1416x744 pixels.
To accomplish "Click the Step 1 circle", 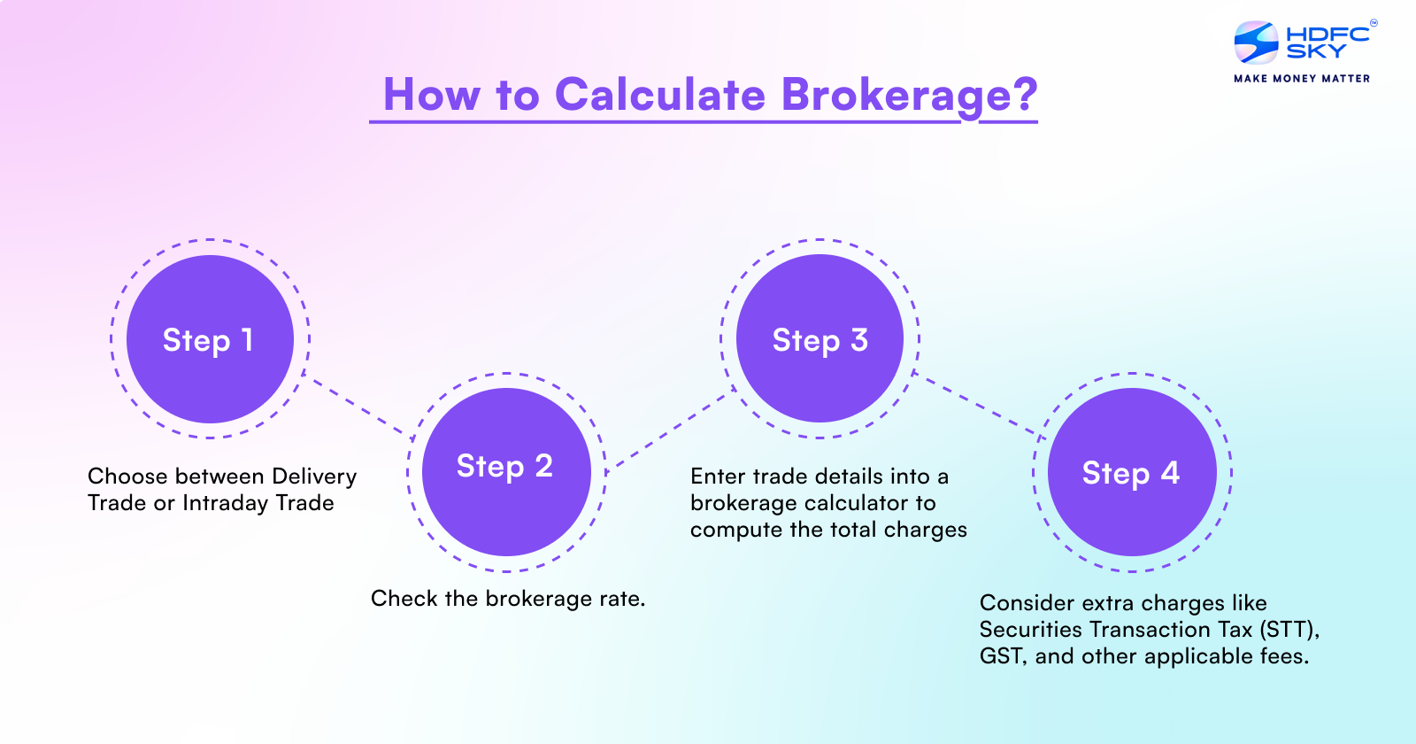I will coord(210,339).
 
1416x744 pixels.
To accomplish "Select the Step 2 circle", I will coord(506,472).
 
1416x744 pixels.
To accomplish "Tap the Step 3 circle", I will coord(820,339).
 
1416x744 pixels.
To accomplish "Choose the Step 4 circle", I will coord(1132,472).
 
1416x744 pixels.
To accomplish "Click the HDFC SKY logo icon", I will coord(1256,43).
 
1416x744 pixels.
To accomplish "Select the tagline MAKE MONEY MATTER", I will coord(1302,79).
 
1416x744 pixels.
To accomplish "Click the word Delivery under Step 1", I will coord(314,477).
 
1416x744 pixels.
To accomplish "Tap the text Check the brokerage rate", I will coord(508,599).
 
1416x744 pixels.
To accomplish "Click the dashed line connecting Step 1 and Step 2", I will coord(358,407).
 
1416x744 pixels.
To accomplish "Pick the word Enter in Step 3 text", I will coord(718,477).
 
